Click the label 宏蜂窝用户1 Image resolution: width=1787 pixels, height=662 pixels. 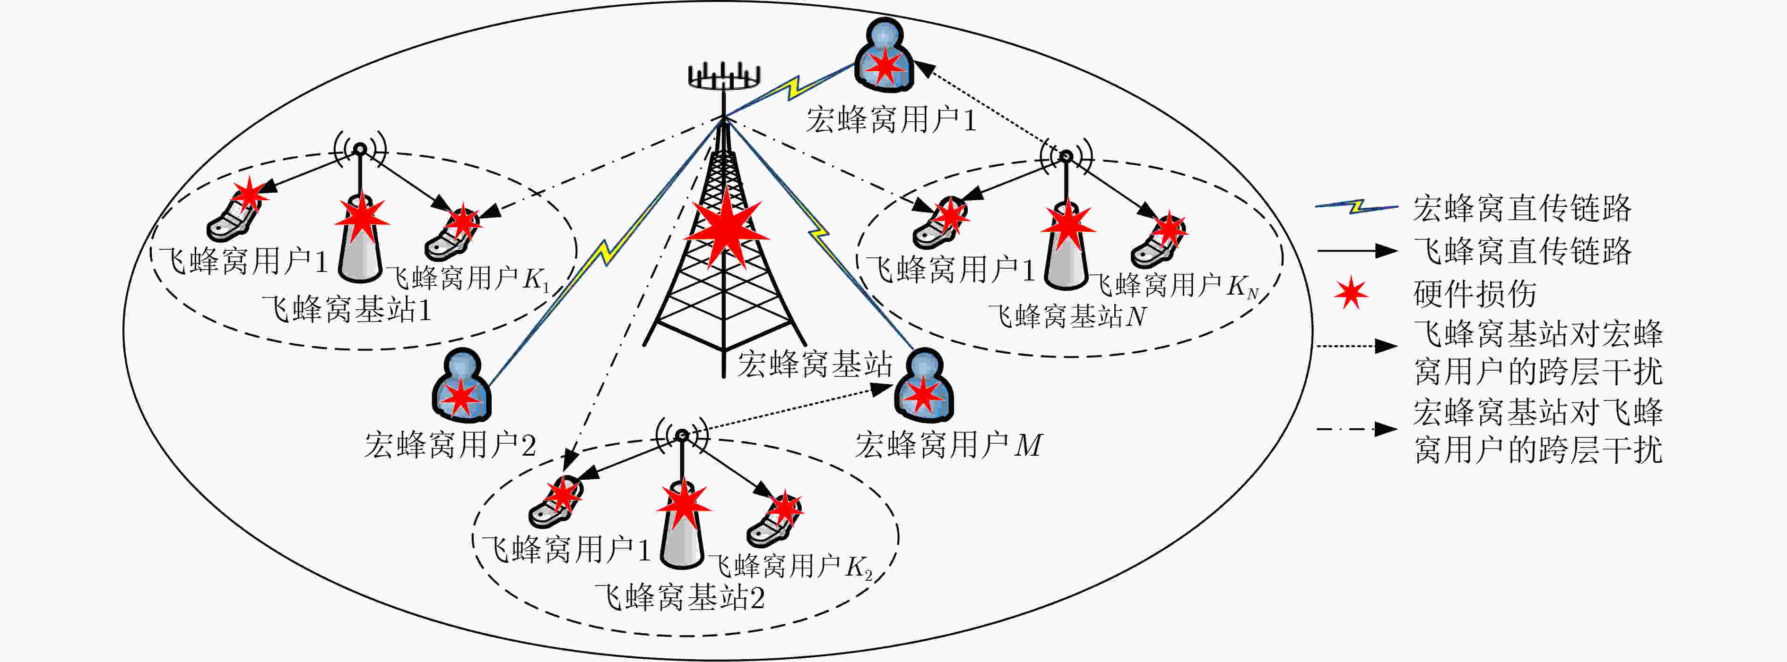point(891,120)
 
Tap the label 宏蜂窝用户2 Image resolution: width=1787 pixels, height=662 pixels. point(450,445)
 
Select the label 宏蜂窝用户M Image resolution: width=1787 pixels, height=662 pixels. point(948,445)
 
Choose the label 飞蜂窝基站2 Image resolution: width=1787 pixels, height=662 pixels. point(680,597)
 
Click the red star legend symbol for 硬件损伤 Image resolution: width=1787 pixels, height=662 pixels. point(1351,293)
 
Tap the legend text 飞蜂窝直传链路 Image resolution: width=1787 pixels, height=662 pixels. point(1523,251)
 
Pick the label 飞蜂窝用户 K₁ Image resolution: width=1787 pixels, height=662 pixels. point(467,279)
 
